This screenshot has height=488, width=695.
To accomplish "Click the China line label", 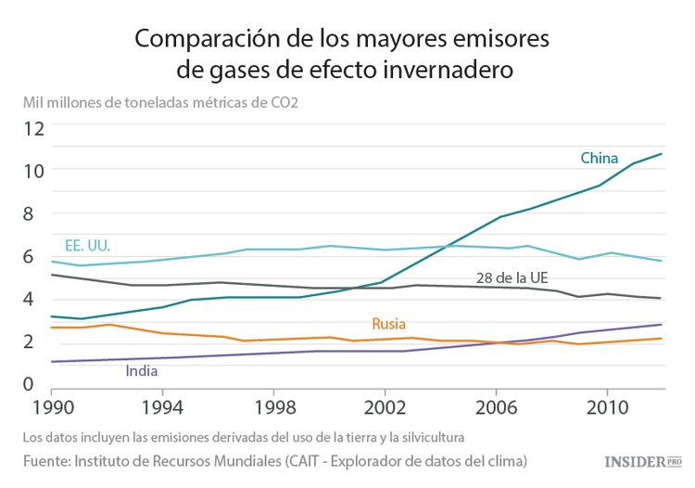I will click(599, 158).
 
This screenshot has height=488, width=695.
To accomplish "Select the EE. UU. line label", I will click(87, 246).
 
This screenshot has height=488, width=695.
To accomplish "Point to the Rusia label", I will click(389, 324).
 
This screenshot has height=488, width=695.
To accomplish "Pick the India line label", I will click(141, 371).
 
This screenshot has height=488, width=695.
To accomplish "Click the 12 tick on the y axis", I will click(34, 128).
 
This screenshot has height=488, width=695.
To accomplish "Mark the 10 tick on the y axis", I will click(34, 171).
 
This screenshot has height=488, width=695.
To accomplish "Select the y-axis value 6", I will click(28, 257).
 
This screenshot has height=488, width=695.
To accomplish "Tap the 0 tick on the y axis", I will click(28, 383).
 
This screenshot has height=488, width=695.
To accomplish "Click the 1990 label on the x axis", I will click(49, 407).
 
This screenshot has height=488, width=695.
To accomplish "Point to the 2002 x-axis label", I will click(384, 407).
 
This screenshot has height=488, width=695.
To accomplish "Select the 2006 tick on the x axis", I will click(495, 407).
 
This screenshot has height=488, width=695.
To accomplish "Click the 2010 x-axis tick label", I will click(606, 407).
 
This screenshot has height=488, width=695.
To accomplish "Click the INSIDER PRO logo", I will click(643, 461).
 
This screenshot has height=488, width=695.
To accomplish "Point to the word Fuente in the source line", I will click(47, 460).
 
